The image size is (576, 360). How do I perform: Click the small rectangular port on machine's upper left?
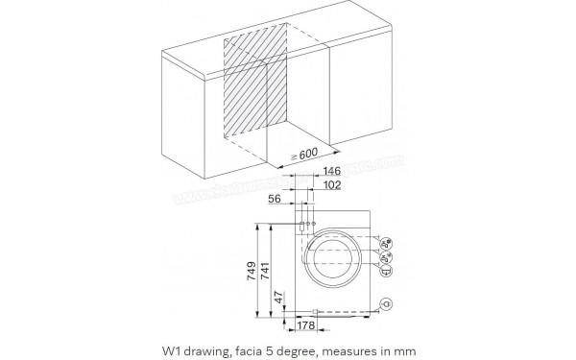(301, 227)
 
